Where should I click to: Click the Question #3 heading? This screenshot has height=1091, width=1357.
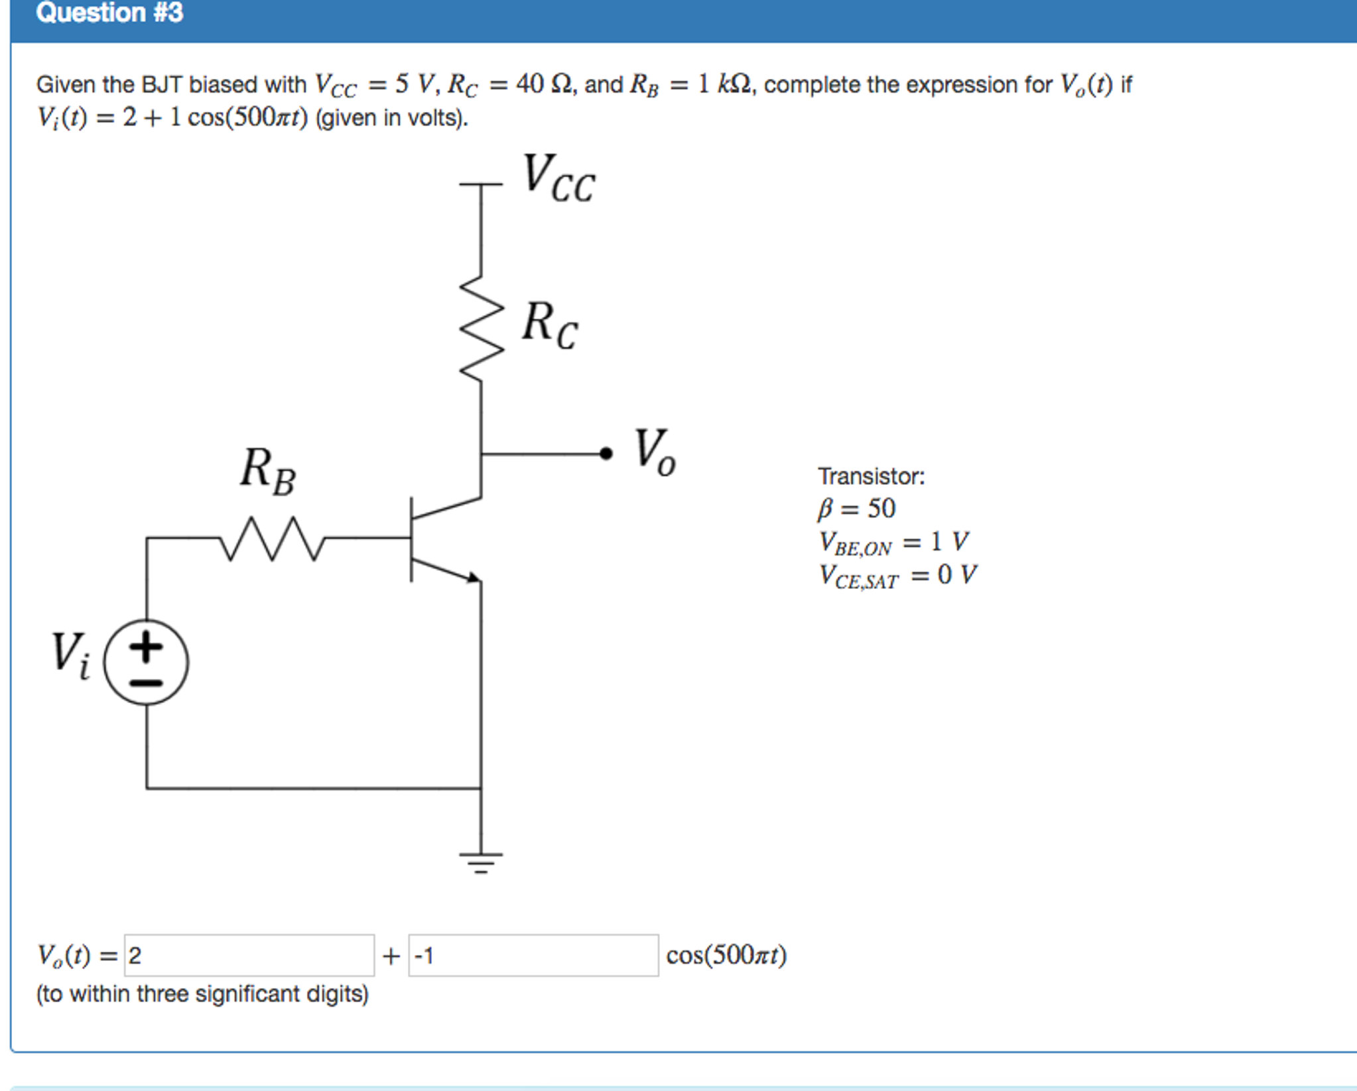109,13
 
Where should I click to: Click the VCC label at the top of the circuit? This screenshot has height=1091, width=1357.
558,178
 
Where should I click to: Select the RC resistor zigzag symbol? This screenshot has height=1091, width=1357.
482,328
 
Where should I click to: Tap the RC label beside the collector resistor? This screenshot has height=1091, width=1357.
549,325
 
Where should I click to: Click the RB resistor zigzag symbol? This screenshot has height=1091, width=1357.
272,539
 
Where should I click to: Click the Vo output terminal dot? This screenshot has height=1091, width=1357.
606,454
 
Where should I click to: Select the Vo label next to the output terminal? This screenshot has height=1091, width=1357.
654,452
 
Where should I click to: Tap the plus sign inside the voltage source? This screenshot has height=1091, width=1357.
147,646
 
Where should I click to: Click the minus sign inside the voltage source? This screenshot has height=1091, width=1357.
147,682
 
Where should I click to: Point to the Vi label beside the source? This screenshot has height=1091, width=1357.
70,655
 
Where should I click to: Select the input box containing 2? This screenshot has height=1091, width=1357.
249,955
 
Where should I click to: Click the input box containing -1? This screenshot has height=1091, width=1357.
533,955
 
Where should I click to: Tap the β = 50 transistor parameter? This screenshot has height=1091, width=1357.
856,509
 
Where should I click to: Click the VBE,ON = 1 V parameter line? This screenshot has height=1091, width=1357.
893,543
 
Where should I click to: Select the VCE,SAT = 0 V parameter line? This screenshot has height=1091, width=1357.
897,576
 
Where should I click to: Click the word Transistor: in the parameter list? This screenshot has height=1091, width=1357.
871,476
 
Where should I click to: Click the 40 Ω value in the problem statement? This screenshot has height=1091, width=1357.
543,84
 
